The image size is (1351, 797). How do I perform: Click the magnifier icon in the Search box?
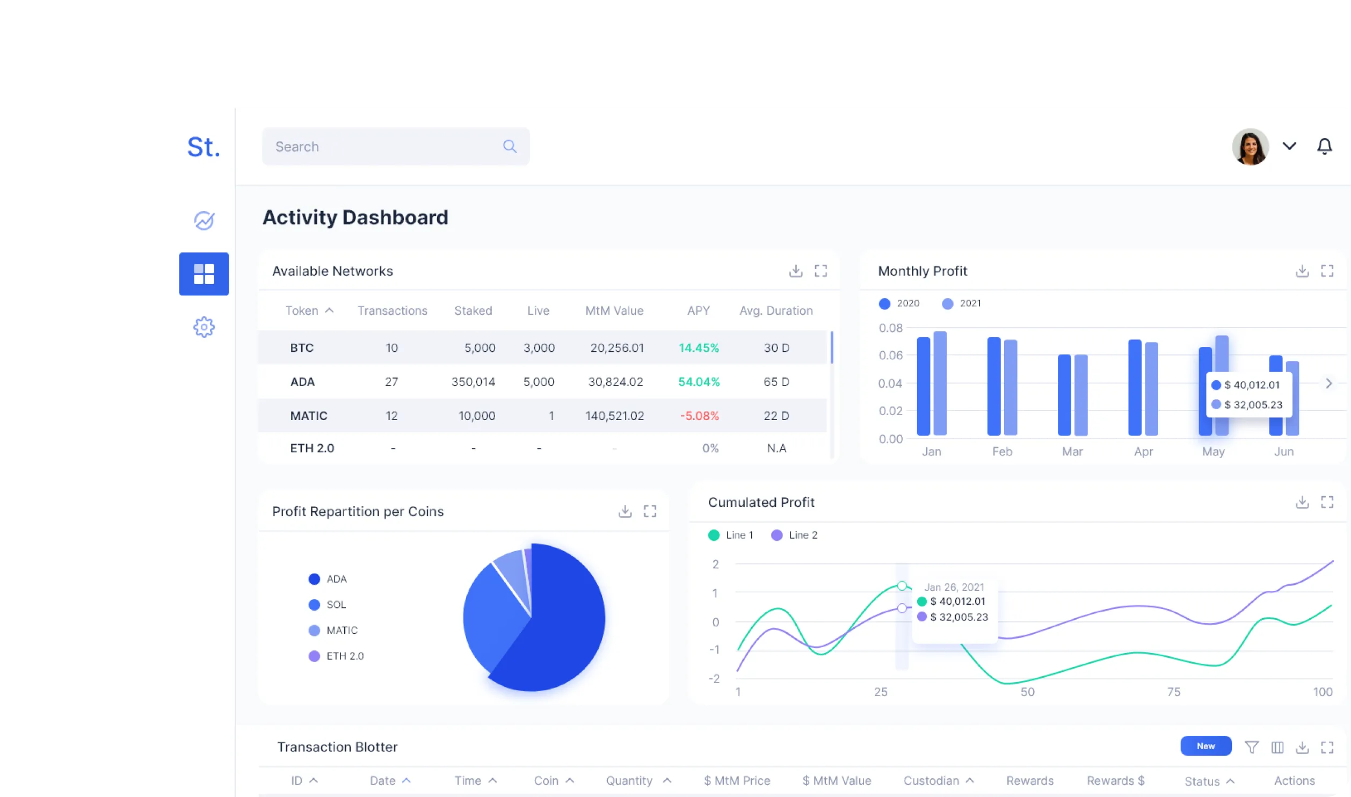(510, 146)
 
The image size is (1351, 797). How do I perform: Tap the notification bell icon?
(1324, 146)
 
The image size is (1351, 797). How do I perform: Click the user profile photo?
(1250, 146)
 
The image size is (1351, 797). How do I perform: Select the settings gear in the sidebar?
(204, 327)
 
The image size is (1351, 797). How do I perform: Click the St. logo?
(204, 147)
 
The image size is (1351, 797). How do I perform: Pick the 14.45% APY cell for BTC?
(698, 348)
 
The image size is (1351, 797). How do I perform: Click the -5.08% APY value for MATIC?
(699, 416)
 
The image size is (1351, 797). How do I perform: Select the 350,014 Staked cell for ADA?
(473, 382)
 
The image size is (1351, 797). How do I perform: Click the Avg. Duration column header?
(775, 310)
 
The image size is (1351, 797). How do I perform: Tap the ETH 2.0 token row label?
(311, 448)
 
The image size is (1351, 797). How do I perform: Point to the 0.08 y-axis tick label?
(890, 328)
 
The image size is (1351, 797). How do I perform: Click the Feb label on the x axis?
(1001, 452)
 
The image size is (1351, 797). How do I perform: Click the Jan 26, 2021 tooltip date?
(954, 587)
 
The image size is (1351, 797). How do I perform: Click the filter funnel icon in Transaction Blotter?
(1251, 747)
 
